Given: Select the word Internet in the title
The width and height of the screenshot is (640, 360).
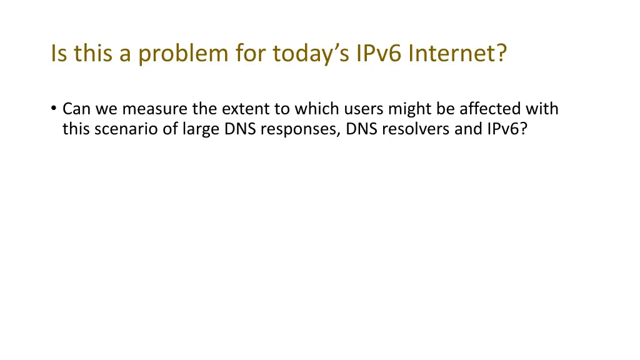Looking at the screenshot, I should pyautogui.click(x=457, y=54).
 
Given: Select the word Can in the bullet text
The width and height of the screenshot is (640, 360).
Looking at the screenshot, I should pyautogui.click(x=75, y=109).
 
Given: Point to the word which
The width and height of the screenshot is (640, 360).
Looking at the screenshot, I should pyautogui.click(x=316, y=109).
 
